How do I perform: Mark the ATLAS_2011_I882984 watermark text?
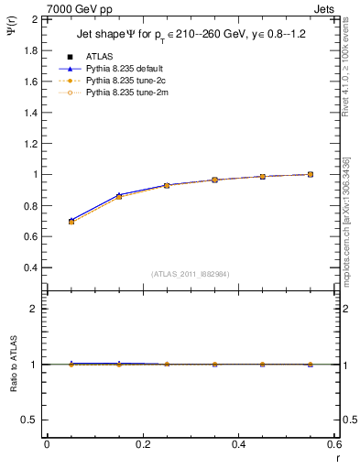tap(191, 274)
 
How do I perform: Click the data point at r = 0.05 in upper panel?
tap(71, 222)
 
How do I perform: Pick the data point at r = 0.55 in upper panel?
tap(311, 174)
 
